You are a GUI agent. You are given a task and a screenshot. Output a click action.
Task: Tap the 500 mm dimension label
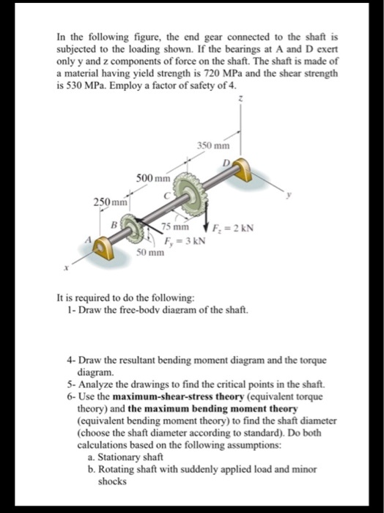(152, 177)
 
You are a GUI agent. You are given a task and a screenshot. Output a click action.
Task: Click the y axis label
(289, 195)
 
